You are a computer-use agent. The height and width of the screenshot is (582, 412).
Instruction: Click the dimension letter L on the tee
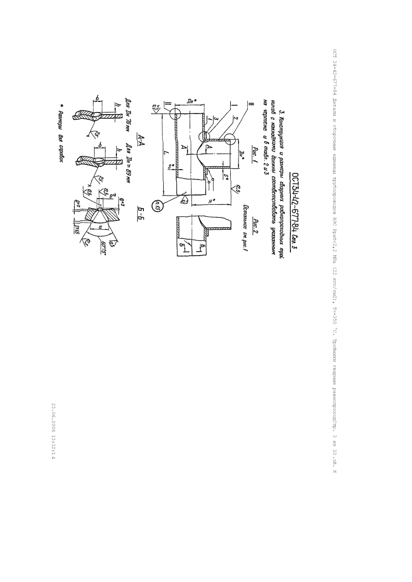165,156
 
